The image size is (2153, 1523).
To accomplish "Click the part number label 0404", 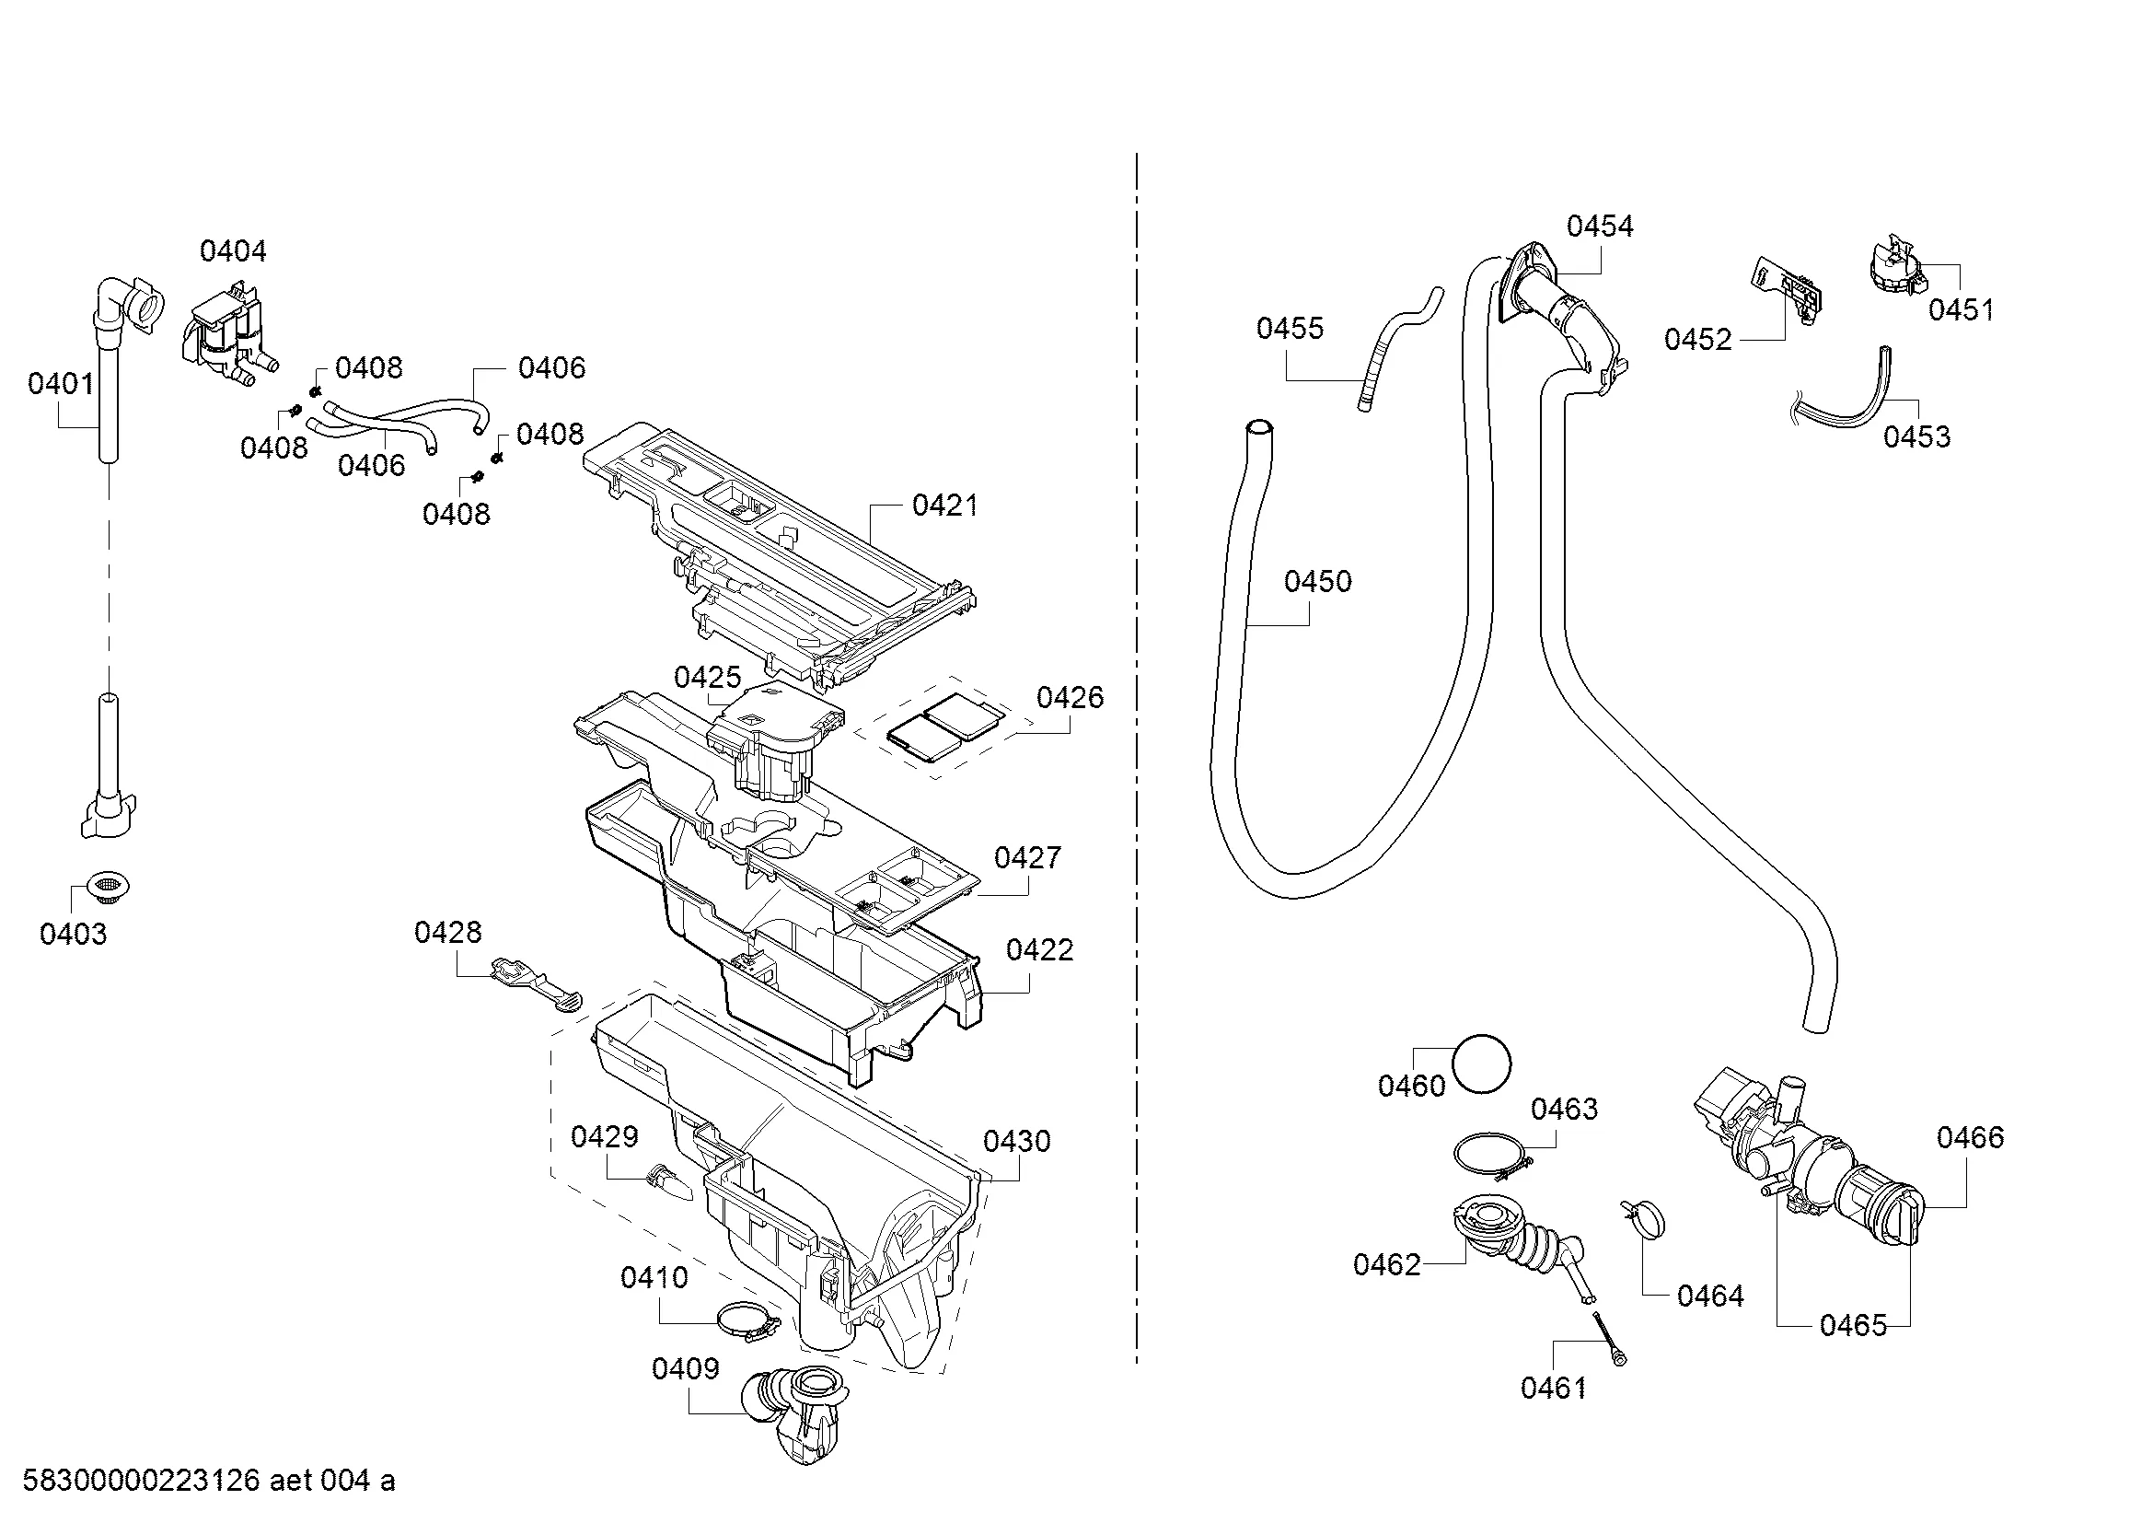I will (233, 250).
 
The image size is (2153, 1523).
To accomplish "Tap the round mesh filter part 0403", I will (109, 885).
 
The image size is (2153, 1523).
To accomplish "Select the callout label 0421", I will (944, 506).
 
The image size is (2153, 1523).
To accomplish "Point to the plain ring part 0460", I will (1482, 1064).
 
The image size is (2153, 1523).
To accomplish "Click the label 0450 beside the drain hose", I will (1317, 581).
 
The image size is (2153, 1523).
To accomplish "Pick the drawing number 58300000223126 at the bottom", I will (141, 1481).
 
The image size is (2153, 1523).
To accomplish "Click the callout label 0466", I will (1969, 1137).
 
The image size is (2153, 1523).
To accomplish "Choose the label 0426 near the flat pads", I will (1069, 698).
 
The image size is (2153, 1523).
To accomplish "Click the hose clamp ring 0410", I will (747, 1322).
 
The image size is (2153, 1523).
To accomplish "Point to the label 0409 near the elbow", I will (685, 1368).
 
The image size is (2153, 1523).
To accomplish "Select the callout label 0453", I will (1916, 436).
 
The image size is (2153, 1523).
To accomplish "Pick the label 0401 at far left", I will (61, 384).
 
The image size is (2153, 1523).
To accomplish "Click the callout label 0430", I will (1015, 1141).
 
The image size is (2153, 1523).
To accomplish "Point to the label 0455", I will (1290, 328).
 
